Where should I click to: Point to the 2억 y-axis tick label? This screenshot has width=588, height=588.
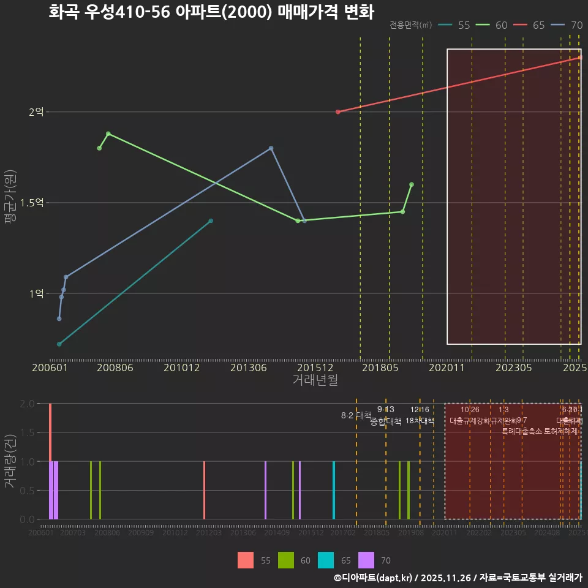tap(36, 112)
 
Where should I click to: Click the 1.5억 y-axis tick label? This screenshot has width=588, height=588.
tap(32, 203)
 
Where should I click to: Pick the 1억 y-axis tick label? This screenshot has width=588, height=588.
tap(36, 293)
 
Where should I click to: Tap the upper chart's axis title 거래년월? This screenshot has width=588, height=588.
tap(315, 380)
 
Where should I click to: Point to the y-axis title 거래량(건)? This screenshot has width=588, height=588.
tap(10, 461)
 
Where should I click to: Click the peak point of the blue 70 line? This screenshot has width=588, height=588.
tap(271, 148)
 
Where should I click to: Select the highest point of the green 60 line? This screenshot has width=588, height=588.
tap(108, 134)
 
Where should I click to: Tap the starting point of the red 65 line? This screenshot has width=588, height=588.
tap(338, 112)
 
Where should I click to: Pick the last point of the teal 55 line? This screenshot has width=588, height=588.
tap(211, 221)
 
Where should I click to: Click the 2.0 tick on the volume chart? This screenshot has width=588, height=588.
tap(27, 404)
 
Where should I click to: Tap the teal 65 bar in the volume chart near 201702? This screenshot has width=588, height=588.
tap(334, 490)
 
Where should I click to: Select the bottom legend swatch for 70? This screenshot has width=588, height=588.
tap(366, 560)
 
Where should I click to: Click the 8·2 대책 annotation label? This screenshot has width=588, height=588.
tap(356, 415)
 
